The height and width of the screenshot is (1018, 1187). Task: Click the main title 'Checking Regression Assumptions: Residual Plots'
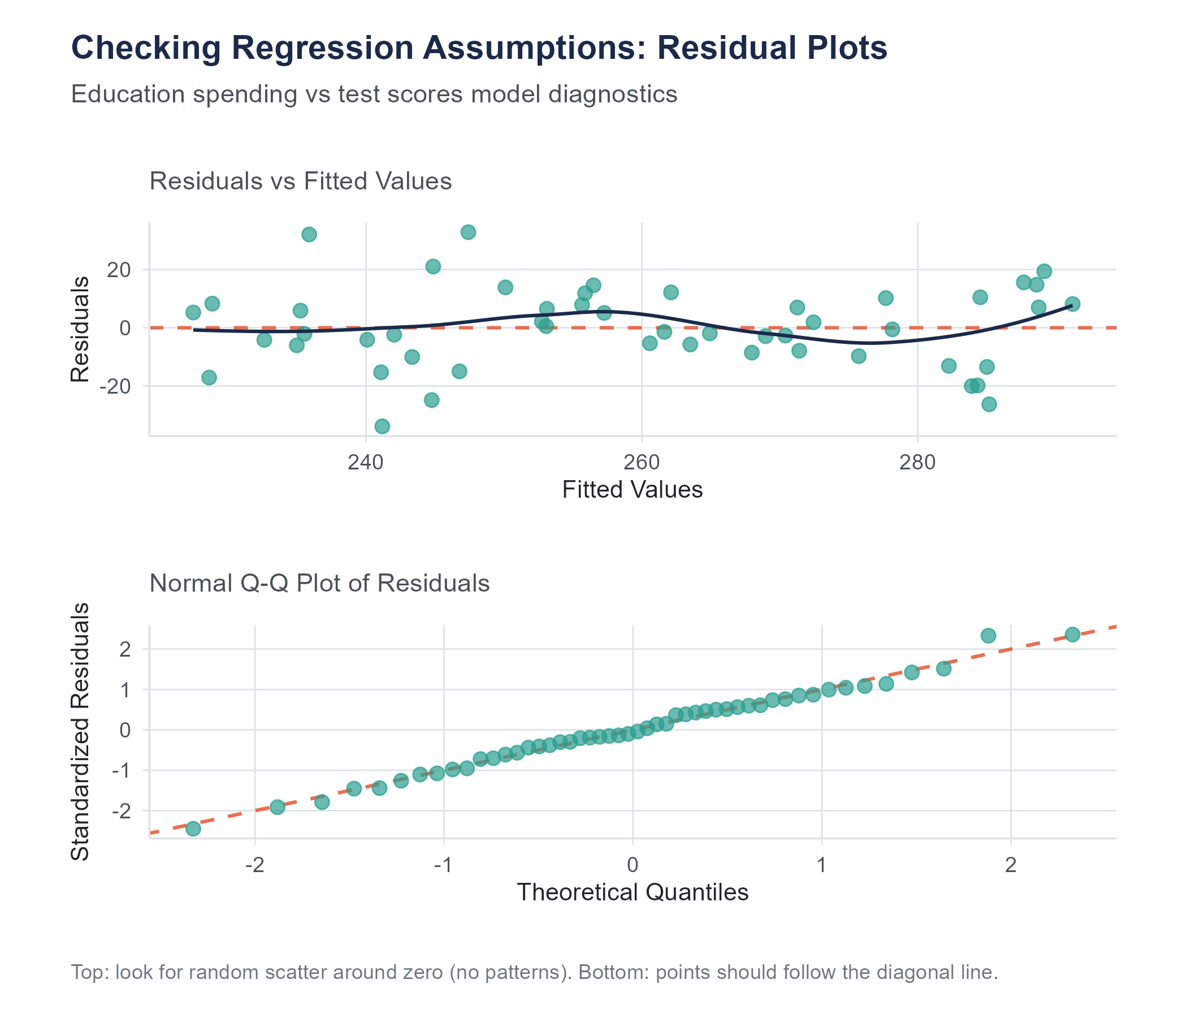pyautogui.click(x=479, y=48)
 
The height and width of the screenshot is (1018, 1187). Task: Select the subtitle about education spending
pyautogui.click(x=374, y=94)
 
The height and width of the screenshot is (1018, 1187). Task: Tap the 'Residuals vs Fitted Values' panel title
pyautogui.click(x=301, y=182)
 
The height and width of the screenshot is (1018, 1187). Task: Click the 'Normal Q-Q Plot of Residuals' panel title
pyautogui.click(x=320, y=584)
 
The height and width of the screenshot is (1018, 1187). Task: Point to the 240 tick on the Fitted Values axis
pyautogui.click(x=366, y=462)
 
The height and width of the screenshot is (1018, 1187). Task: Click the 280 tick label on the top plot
pyautogui.click(x=918, y=462)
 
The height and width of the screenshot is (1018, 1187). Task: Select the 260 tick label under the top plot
pyautogui.click(x=642, y=462)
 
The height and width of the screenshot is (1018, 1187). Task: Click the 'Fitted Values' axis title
pyautogui.click(x=633, y=490)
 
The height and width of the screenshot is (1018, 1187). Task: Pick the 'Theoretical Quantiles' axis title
pyautogui.click(x=633, y=892)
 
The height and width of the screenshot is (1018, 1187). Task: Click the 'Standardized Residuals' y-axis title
pyautogui.click(x=81, y=731)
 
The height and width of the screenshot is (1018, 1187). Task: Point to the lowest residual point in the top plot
pyautogui.click(x=382, y=426)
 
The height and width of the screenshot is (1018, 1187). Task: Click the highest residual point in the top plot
pyautogui.click(x=468, y=232)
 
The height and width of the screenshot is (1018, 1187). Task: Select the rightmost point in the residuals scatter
pyautogui.click(x=1072, y=304)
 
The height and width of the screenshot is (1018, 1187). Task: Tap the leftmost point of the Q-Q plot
pyautogui.click(x=193, y=829)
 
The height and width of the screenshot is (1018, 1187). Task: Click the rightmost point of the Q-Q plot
pyautogui.click(x=1072, y=635)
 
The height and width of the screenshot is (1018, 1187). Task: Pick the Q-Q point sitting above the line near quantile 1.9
pyautogui.click(x=988, y=636)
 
